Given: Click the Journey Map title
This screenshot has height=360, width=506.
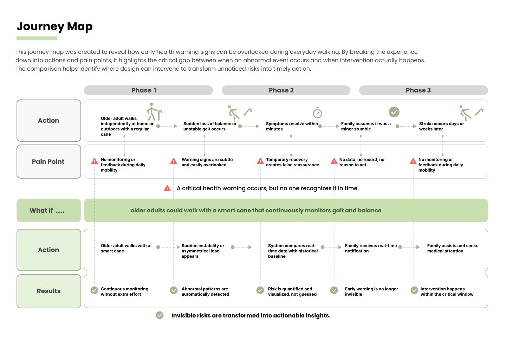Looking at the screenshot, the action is pyautogui.click(x=54, y=27).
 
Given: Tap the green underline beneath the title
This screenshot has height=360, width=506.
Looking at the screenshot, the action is pyautogui.click(x=37, y=38).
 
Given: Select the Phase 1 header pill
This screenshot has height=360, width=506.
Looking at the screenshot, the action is pyautogui.click(x=148, y=90).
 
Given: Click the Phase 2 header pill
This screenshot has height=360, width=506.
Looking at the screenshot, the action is pyautogui.click(x=286, y=90).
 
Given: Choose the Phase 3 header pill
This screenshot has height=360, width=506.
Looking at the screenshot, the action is pyautogui.click(x=423, y=90).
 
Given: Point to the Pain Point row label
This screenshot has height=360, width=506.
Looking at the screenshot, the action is pyautogui.click(x=49, y=162).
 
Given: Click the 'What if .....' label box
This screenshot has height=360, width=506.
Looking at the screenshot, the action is pyautogui.click(x=49, y=210).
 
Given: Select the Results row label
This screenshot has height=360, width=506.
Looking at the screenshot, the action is pyautogui.click(x=49, y=291).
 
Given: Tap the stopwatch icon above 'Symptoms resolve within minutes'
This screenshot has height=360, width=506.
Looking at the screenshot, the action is pyautogui.click(x=317, y=113).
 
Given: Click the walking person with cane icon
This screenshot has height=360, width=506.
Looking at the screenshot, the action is pyautogui.click(x=155, y=112).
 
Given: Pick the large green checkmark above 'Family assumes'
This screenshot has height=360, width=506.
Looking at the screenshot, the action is pyautogui.click(x=394, y=112).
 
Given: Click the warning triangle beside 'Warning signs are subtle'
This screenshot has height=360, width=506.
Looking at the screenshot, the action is pyautogui.click(x=174, y=161).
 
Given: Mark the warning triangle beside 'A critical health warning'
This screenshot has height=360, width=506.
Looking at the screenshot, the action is pyautogui.click(x=167, y=188).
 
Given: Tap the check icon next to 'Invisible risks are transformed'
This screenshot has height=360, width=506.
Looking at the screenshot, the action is pyautogui.click(x=160, y=315).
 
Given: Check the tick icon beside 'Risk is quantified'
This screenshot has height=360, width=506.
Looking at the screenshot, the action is pyautogui.click(x=260, y=290).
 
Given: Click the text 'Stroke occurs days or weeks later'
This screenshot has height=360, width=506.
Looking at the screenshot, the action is pyautogui.click(x=441, y=126).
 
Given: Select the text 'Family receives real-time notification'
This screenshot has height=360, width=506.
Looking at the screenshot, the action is pyautogui.click(x=371, y=248).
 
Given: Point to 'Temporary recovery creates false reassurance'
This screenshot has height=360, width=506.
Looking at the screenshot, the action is pyautogui.click(x=292, y=162).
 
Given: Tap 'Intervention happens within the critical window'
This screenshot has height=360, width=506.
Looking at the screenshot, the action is pyautogui.click(x=447, y=291).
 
